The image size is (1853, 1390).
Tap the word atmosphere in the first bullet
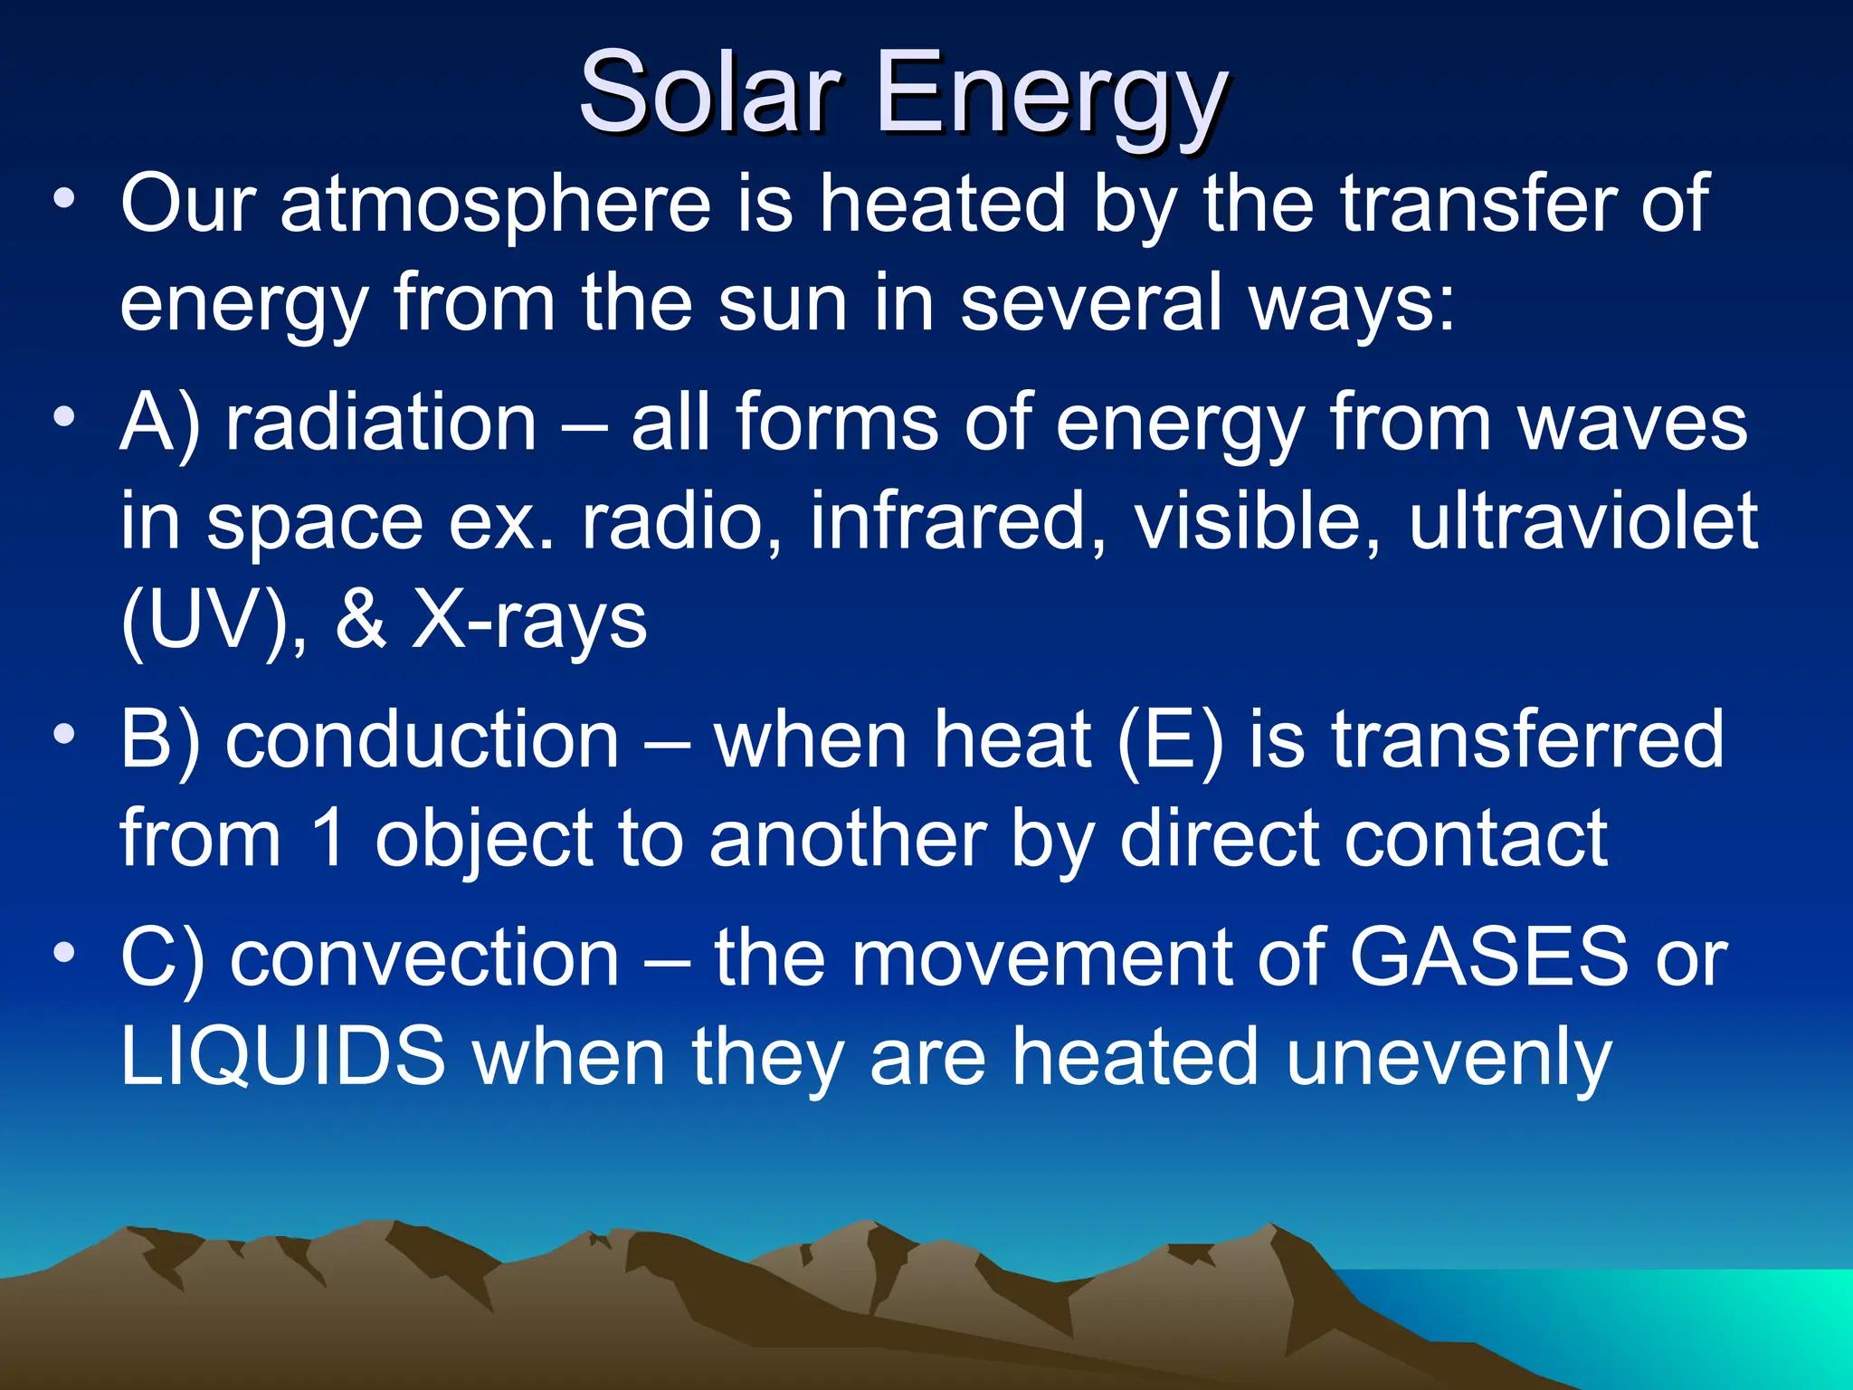point(496,205)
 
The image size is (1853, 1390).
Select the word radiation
point(381,423)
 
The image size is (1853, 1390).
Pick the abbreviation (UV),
point(214,622)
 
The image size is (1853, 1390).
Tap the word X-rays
point(530,622)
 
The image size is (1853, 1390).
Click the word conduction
point(423,739)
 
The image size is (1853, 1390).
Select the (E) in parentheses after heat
point(1171,739)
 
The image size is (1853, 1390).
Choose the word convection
point(424,958)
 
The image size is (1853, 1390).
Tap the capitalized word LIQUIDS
point(283,1056)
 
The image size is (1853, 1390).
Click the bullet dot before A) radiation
point(63,417)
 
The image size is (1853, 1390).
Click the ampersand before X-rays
point(360,622)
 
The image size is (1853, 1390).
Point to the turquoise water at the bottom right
point(1674,1321)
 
